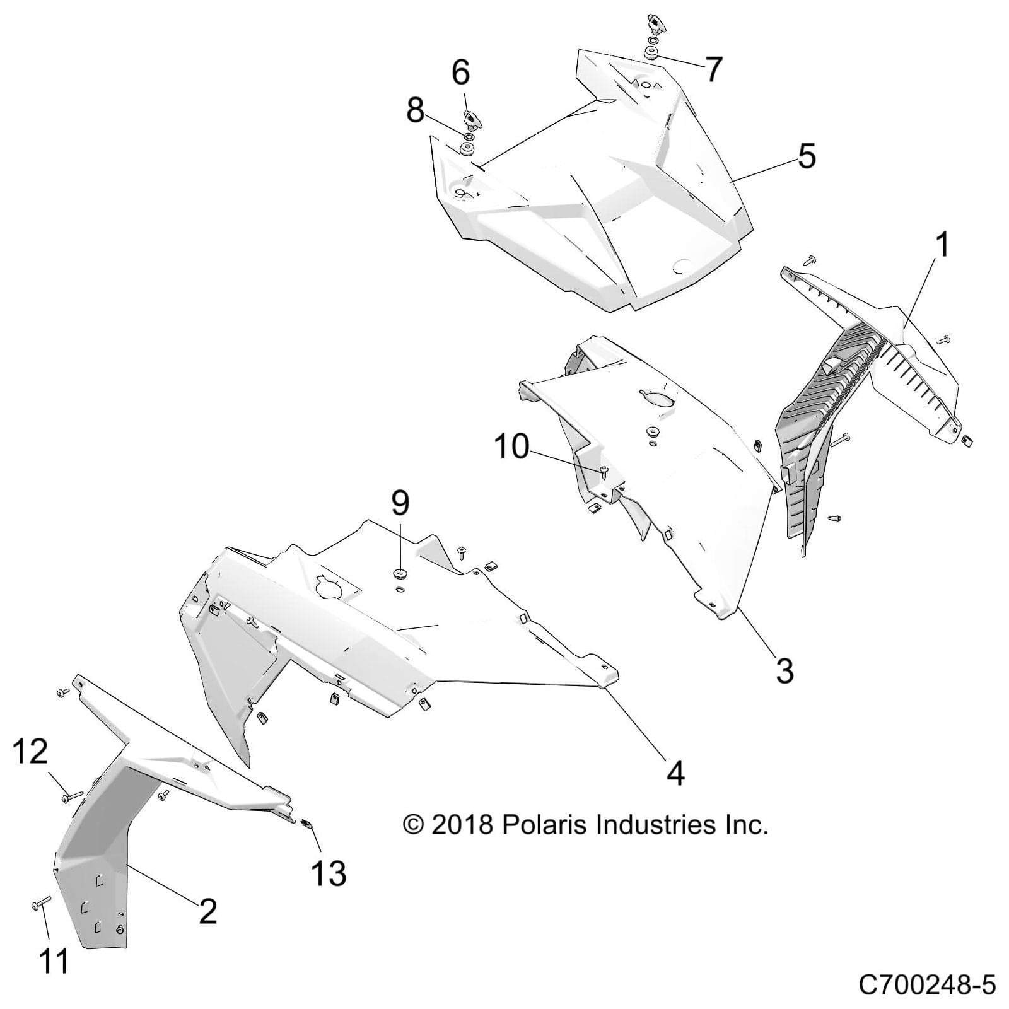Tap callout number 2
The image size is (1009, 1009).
[208, 911]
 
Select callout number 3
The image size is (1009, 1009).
[784, 670]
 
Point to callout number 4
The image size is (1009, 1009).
[675, 772]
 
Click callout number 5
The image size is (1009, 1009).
[807, 156]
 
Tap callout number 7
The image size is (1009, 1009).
[713, 69]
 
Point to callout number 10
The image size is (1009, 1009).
[511, 446]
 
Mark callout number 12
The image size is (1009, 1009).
[30, 752]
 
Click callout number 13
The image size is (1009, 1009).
[329, 873]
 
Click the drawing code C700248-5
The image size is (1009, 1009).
[926, 984]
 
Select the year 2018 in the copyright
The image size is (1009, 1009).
[462, 824]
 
